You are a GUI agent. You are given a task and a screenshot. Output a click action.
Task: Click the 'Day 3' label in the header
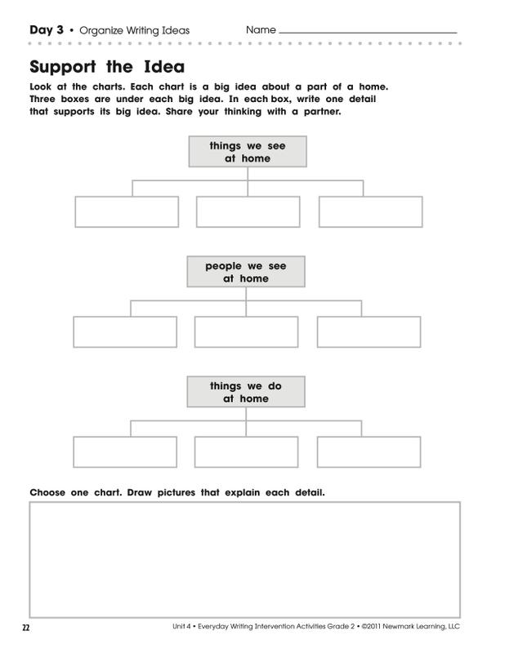click(x=47, y=30)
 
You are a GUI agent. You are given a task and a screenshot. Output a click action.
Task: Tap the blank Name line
click(x=368, y=33)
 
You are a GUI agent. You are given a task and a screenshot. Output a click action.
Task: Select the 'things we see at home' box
click(x=248, y=152)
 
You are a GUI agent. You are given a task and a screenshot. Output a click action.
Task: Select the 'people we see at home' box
click(x=246, y=272)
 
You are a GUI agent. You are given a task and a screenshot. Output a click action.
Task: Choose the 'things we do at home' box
click(x=246, y=392)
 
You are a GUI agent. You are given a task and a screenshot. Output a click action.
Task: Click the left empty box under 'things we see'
click(x=127, y=212)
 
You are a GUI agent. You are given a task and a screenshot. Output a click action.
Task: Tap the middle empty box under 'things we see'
click(x=248, y=212)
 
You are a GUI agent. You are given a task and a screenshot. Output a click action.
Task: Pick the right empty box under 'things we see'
click(x=371, y=212)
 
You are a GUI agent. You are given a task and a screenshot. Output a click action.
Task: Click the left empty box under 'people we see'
click(x=125, y=332)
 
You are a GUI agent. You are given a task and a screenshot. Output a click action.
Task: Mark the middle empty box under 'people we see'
click(x=247, y=332)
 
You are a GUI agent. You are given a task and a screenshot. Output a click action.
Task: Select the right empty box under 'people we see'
click(x=369, y=332)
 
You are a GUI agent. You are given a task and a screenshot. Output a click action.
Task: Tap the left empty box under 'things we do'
click(x=125, y=452)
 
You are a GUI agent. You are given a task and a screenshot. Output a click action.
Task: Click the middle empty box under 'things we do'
click(x=247, y=452)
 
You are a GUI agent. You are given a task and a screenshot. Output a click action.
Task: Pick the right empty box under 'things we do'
click(x=369, y=452)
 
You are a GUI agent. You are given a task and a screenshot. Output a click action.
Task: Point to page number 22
click(x=26, y=628)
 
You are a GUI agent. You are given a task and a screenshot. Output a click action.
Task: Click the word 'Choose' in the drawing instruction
click(x=47, y=493)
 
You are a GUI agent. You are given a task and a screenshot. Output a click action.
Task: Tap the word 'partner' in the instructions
click(x=322, y=112)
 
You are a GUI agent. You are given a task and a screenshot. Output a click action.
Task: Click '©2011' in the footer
click(x=371, y=626)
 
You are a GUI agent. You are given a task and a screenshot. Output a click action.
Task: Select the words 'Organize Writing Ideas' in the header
click(x=134, y=30)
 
